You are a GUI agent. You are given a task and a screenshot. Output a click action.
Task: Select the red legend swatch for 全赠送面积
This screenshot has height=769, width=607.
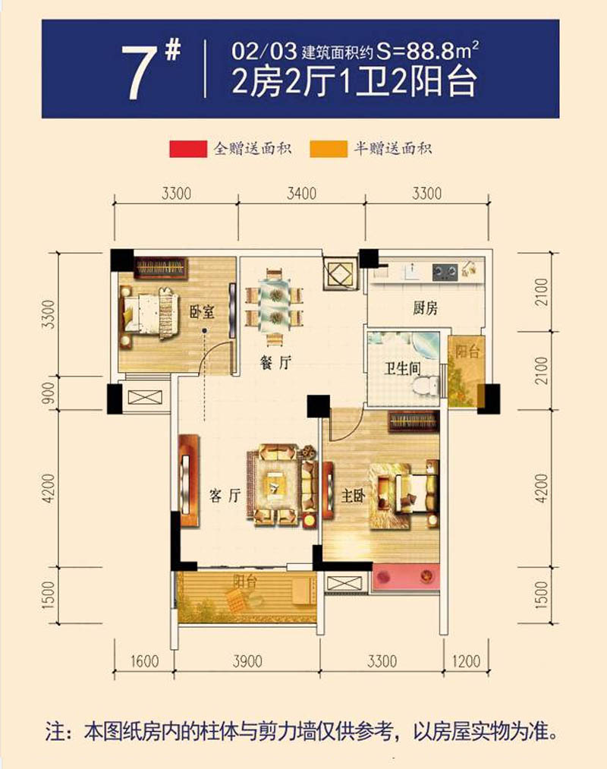[x=187, y=149]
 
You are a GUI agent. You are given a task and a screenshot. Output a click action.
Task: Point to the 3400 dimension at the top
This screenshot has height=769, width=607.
[x=301, y=194]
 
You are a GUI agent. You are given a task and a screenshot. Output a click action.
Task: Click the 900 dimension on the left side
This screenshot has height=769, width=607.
[x=49, y=394]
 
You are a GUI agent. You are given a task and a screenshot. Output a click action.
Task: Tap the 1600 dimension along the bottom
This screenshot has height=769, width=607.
[x=144, y=662]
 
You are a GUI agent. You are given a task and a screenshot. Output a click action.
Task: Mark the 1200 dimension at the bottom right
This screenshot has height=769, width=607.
[x=467, y=662]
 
